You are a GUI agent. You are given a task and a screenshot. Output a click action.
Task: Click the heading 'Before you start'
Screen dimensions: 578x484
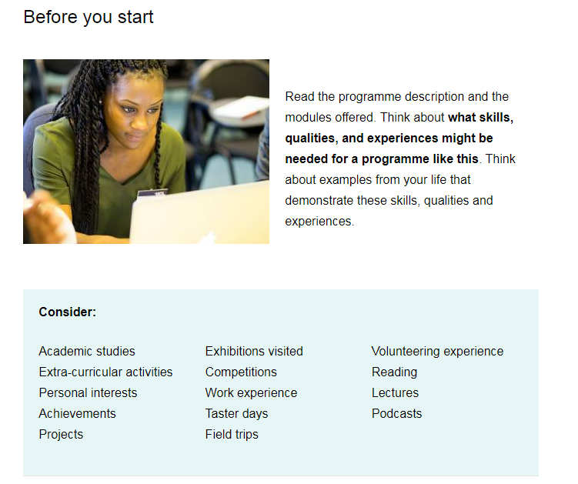89,18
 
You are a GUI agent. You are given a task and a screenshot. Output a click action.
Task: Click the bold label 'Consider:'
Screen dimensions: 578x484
68,312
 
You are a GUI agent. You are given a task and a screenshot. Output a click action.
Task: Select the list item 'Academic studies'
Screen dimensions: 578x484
87,352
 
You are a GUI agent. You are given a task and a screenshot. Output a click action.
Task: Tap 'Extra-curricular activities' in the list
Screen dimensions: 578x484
105,372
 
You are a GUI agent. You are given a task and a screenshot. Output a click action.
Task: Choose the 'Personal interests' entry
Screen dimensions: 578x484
88,393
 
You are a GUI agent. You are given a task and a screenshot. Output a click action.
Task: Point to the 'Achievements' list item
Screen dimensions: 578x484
78,414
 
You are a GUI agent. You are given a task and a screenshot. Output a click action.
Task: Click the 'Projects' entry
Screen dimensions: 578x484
62,435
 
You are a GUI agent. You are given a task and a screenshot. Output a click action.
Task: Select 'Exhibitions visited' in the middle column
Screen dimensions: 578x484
254,352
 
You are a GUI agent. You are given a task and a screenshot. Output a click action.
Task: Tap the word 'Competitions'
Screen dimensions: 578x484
241,372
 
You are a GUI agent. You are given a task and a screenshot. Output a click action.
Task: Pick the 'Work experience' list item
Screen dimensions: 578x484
252,393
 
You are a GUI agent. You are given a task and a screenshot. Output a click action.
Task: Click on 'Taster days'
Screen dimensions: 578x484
236,414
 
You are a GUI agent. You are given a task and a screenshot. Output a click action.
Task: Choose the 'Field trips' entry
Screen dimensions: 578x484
232,435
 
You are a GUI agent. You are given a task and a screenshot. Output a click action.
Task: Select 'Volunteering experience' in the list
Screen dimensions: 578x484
438,352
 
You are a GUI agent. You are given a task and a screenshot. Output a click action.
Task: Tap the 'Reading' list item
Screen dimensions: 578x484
394,372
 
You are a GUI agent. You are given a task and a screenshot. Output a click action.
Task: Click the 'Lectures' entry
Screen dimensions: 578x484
395,393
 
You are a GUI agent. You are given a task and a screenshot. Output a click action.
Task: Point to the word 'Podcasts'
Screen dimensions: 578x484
397,414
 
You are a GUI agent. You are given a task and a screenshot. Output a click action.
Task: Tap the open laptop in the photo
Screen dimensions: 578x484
199,213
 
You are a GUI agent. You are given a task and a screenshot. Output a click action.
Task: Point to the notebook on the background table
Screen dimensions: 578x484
242,108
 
